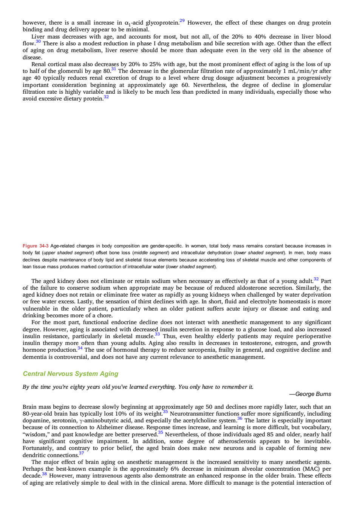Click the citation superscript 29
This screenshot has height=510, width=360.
pyautogui.click(x=182, y=21)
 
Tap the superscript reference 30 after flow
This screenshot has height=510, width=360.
pyautogui.click(x=38, y=41)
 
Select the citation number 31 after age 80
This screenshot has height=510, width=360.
pyautogui.click(x=114, y=69)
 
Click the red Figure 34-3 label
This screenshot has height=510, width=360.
pyautogui.click(x=36, y=246)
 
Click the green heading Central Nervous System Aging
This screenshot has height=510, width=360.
pyautogui.click(x=71, y=374)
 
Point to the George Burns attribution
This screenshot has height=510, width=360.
pyautogui.click(x=310, y=394)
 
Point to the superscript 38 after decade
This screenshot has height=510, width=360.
pyautogui.click(x=45, y=474)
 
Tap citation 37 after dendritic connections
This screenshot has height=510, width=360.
pyautogui.click(x=81, y=453)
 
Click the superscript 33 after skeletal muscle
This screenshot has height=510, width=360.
pyautogui.click(x=158, y=334)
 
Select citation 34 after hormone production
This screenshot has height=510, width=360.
pyautogui.click(x=80, y=348)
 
